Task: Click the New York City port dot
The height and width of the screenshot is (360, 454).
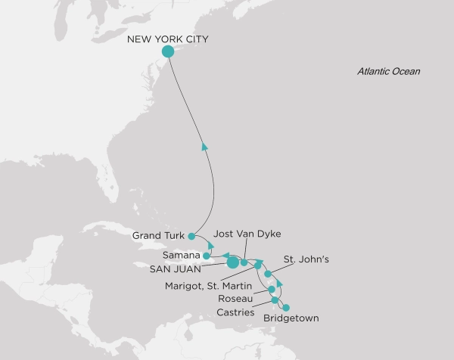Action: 168,51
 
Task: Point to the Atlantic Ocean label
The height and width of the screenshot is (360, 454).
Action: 388,72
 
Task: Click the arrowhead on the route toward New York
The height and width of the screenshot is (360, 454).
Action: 204,147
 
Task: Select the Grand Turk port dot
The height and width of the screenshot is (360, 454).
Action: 191,236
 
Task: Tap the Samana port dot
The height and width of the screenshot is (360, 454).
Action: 207,256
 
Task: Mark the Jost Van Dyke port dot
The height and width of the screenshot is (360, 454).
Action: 244,262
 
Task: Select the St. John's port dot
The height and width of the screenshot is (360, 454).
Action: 268,274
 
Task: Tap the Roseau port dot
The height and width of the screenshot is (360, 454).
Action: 271,289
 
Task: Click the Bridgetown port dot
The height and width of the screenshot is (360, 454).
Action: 285,307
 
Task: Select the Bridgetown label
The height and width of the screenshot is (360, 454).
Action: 291,319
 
